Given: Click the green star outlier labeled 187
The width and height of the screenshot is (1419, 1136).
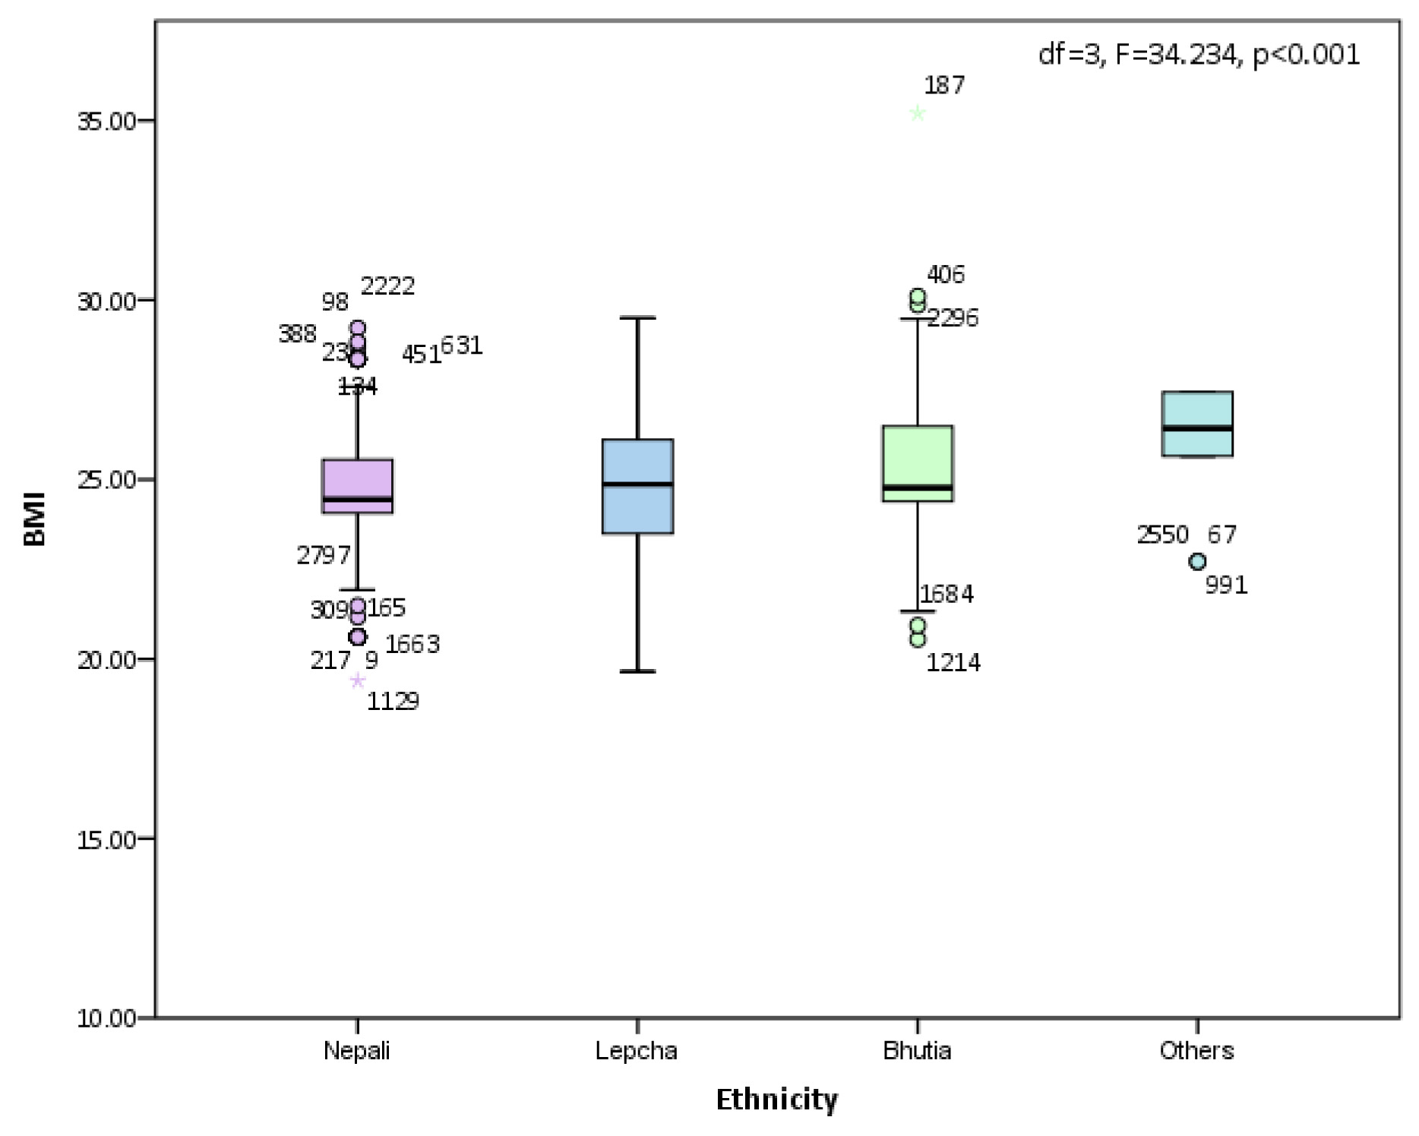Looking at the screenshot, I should click(918, 114).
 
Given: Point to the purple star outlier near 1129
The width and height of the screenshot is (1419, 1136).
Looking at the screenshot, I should click(358, 680).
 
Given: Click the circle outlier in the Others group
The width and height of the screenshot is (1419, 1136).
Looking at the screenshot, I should click(1198, 562).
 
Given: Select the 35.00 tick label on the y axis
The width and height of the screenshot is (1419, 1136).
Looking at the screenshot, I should click(106, 121).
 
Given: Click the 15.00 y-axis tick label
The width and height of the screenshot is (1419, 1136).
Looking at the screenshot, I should click(106, 839).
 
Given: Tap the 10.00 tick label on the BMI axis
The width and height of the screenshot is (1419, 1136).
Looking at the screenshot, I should click(106, 1018).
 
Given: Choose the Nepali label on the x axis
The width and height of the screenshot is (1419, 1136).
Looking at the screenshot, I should click(357, 1051).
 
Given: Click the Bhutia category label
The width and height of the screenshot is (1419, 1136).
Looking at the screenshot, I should click(917, 1051).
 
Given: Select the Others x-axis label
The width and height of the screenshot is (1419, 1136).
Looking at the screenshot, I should click(1196, 1051).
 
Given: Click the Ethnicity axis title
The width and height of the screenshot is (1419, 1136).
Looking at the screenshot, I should click(776, 1100).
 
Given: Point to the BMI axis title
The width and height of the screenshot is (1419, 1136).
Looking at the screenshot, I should click(35, 519).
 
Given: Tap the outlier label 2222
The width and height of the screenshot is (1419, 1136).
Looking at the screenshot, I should click(387, 286).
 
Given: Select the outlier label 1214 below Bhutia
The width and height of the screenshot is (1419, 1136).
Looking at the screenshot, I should click(953, 663).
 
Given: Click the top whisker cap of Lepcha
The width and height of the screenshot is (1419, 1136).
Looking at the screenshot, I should click(637, 318).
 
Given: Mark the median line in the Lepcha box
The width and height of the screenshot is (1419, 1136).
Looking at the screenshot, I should click(637, 484).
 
